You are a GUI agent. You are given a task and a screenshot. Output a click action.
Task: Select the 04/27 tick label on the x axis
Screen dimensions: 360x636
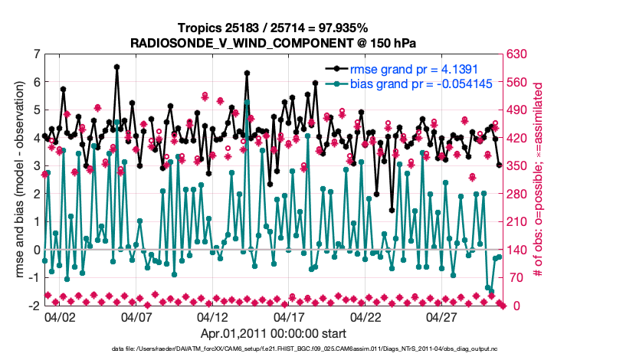(x=442, y=316)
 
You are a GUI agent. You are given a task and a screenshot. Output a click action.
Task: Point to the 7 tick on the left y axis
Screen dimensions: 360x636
(x=36, y=54)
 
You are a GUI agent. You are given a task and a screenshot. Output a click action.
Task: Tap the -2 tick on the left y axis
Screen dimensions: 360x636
(x=34, y=306)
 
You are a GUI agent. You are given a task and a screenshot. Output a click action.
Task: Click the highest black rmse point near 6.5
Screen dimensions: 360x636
(x=116, y=67)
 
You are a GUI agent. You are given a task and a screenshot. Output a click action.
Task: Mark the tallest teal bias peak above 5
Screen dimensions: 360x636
(x=247, y=101)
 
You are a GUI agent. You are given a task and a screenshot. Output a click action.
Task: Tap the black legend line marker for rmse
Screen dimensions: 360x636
(x=336, y=68)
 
